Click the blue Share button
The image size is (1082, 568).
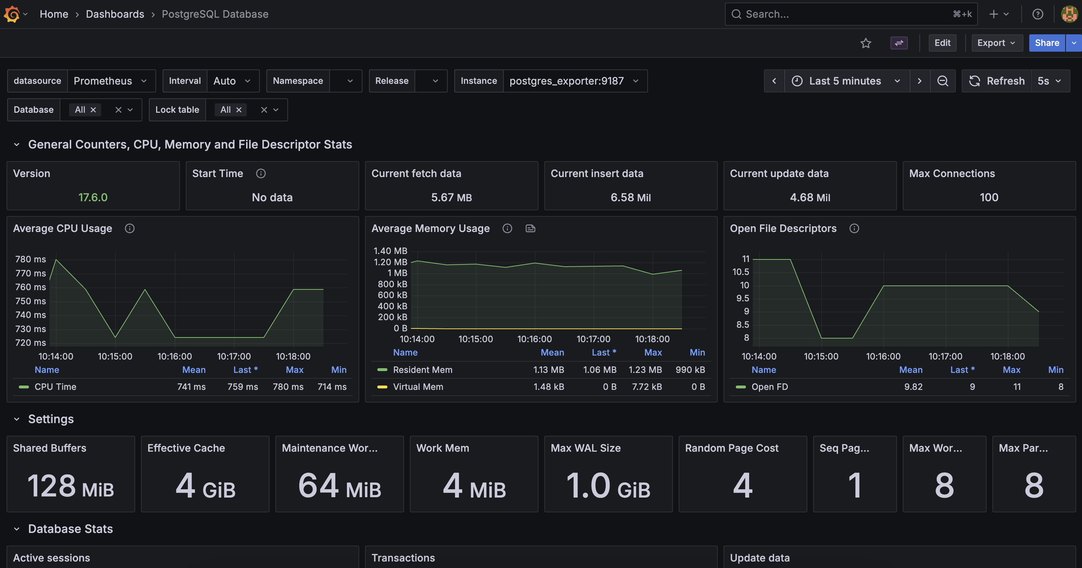coord(1046,43)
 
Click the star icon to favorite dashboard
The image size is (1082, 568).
coord(865,43)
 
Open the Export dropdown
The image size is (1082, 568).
coord(996,43)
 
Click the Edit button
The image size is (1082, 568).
coord(942,43)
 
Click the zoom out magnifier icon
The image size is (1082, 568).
coord(943,81)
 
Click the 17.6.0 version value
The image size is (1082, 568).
coord(93,197)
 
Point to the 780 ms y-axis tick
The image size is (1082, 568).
coord(30,259)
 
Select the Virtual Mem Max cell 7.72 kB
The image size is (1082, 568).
coord(647,387)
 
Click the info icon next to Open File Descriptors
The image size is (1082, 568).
coord(854,228)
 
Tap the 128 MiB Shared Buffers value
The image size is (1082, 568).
coord(70,486)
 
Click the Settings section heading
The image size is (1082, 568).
coord(51,419)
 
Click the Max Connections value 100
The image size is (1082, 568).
coord(989,197)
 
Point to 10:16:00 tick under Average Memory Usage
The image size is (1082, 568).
coord(534,339)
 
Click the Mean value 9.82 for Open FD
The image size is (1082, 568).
coord(913,387)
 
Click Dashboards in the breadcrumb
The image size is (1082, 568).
coord(115,14)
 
